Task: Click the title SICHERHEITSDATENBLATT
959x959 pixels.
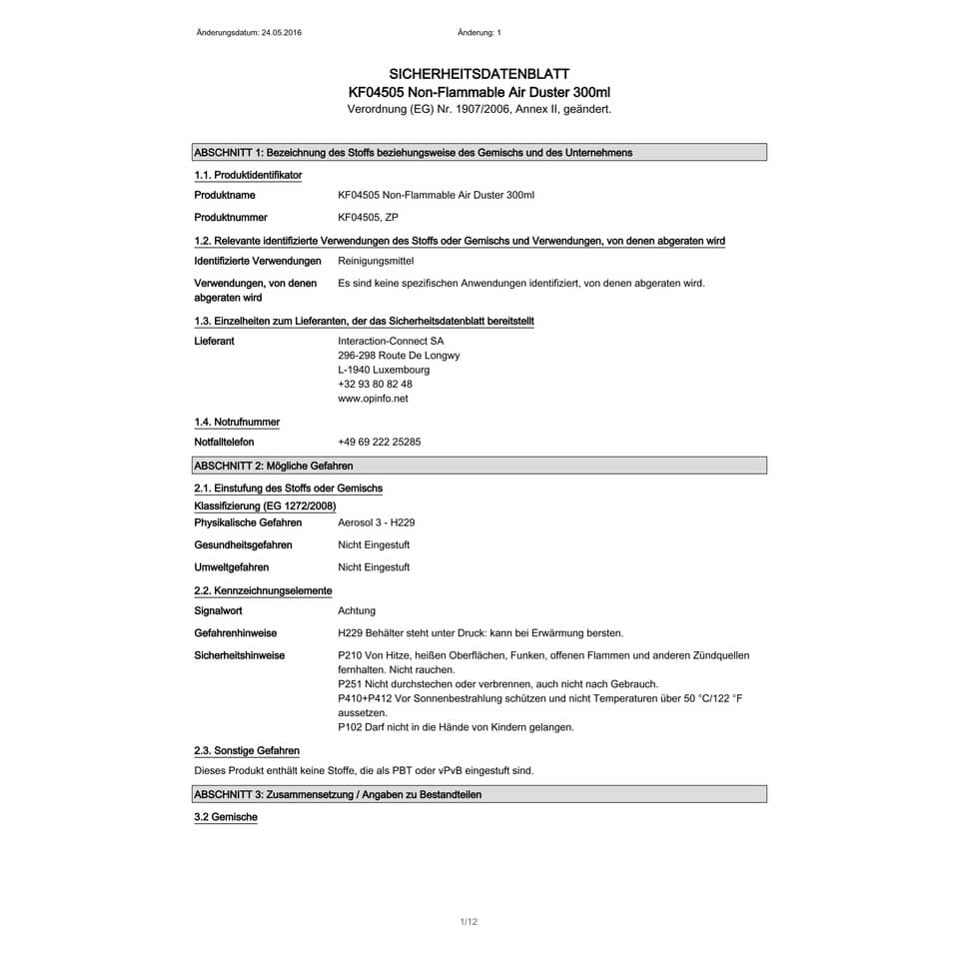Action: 479,74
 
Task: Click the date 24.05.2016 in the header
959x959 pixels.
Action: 281,33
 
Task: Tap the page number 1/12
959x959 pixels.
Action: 469,922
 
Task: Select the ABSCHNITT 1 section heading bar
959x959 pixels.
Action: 479,153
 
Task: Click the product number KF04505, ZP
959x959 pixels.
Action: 368,217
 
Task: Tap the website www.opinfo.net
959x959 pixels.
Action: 373,399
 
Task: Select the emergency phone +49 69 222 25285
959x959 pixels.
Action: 380,442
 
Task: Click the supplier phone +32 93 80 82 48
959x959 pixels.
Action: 375,384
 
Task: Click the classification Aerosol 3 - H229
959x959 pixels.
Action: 377,522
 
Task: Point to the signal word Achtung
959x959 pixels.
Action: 357,610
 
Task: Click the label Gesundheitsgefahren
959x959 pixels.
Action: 243,544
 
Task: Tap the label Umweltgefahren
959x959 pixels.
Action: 231,567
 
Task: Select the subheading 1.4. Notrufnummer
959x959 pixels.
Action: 237,422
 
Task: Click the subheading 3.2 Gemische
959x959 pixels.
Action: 226,817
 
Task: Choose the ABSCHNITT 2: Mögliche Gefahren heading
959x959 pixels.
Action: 274,466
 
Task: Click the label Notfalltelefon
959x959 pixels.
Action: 224,442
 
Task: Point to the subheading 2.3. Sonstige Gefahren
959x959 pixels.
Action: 246,750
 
